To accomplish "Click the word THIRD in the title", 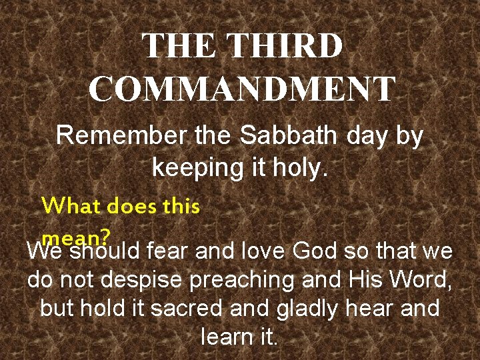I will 285,46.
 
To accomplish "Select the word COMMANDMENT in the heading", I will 242,89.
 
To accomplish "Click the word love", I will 263,253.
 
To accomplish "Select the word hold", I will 97,309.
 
